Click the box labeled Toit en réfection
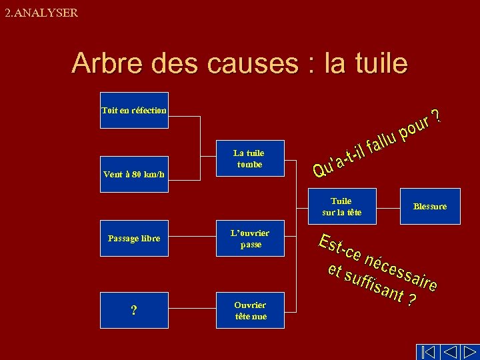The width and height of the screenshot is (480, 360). (x=134, y=110)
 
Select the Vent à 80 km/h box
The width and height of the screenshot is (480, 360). (x=134, y=175)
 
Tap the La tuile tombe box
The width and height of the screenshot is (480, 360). (x=250, y=159)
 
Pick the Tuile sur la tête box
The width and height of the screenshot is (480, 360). (x=341, y=207)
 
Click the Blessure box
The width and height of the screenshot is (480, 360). (x=430, y=207)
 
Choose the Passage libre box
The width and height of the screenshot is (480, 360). (x=134, y=238)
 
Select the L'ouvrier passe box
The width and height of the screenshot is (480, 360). (x=250, y=239)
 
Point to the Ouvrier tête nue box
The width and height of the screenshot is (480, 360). (x=250, y=311)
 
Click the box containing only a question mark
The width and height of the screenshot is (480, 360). (x=134, y=311)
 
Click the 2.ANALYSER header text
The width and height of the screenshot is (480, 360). (x=41, y=13)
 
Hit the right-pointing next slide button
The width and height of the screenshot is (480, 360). (x=470, y=351)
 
